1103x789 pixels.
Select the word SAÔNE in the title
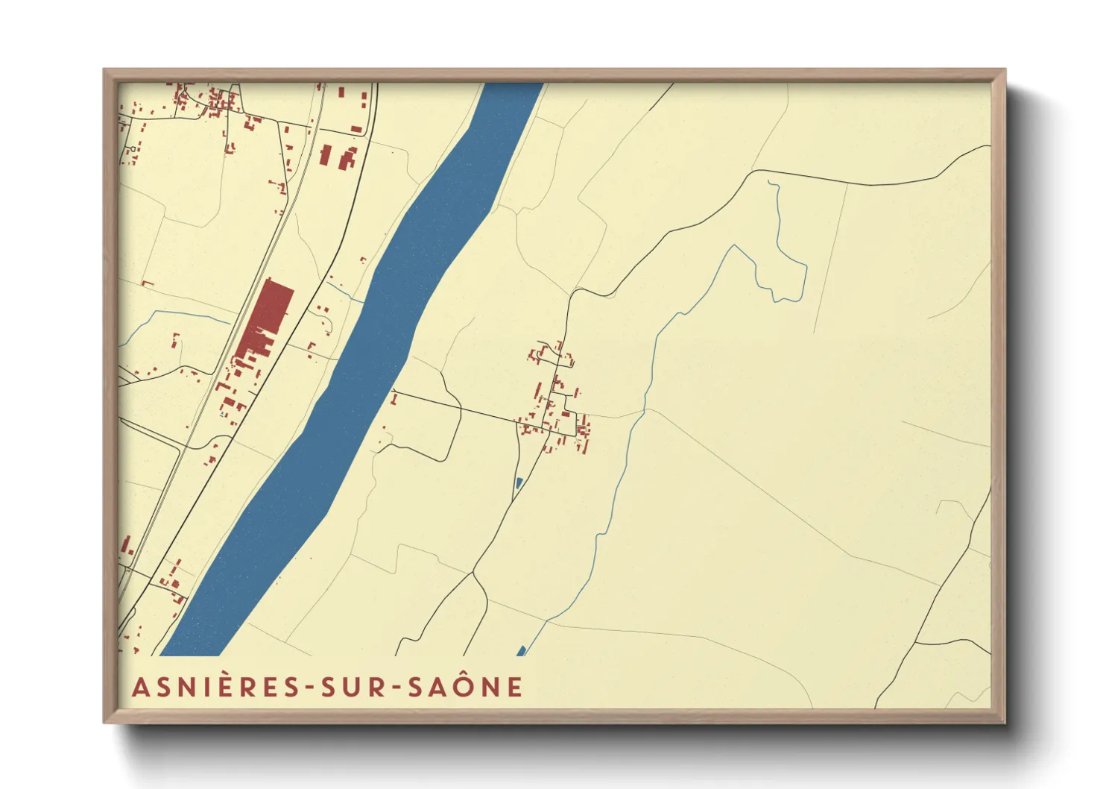pos(465,687)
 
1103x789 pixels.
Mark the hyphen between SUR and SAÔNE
pos(396,688)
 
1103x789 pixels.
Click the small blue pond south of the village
pos(518,482)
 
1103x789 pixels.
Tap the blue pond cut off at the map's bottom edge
pos(521,651)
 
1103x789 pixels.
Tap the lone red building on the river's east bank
pos(394,400)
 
